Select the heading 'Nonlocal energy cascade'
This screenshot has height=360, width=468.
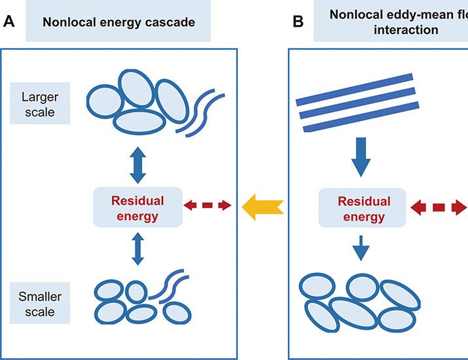click(118, 22)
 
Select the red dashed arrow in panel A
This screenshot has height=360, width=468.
click(207, 206)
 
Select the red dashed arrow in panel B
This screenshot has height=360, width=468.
click(438, 207)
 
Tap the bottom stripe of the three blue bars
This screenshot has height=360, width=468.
click(359, 118)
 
